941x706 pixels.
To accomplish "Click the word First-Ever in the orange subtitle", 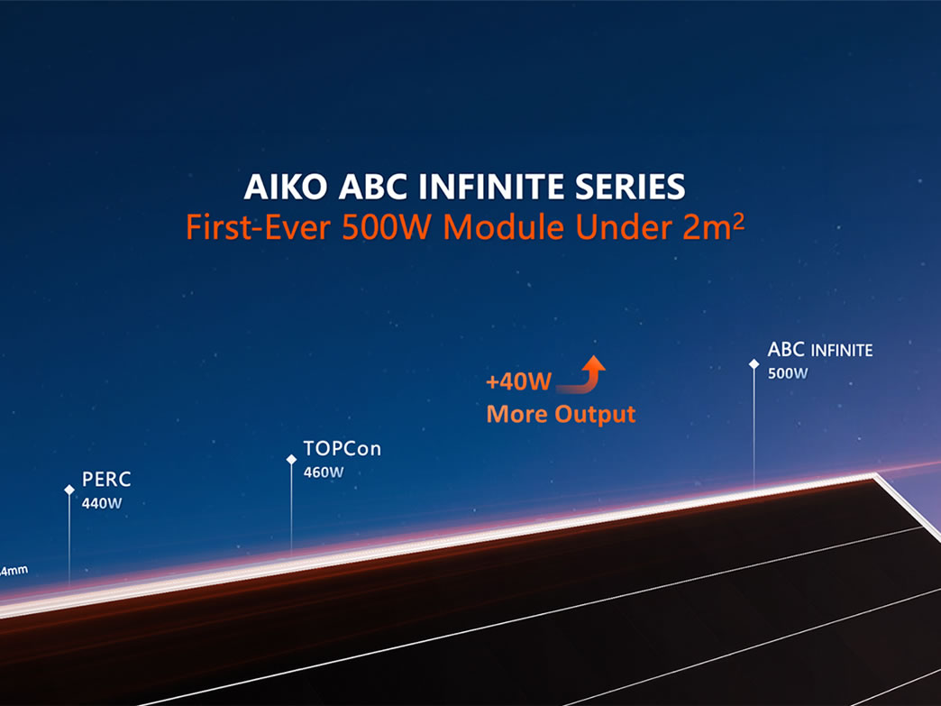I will (258, 227).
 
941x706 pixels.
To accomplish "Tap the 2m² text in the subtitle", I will (712, 226).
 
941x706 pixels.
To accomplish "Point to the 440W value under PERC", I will (101, 503).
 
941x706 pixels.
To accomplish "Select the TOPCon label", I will (342, 448).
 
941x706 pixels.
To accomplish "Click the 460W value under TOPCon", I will (324, 472).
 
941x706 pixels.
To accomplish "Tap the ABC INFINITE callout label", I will (820, 349).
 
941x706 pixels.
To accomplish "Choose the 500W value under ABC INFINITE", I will (788, 373).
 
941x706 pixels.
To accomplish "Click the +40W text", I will (518, 382).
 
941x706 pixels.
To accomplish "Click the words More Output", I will (561, 415).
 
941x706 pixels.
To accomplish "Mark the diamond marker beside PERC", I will (69, 490).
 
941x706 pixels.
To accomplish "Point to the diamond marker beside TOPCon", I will (291, 459).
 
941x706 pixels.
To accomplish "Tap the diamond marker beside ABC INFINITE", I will (754, 364).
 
